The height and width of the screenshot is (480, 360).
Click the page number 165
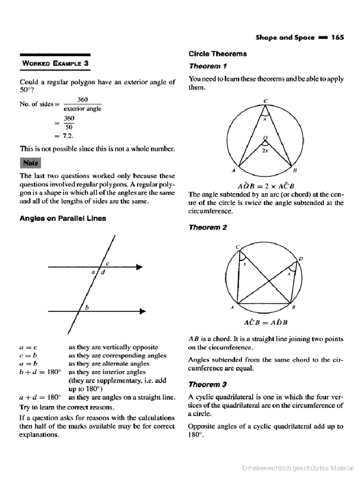coord(337,37)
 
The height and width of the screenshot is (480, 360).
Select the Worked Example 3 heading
coord(55,63)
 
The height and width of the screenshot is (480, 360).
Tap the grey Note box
coord(30,163)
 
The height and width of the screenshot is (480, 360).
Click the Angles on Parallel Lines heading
coord(62,218)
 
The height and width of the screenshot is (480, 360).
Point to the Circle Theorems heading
coord(217,54)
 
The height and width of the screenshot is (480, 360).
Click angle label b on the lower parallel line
coord(86,307)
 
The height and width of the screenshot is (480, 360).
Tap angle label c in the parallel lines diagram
coord(107,263)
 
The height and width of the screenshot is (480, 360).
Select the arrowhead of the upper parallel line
coord(139,267)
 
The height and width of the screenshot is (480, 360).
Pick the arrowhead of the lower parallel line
coord(142,311)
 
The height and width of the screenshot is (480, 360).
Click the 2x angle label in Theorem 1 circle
coord(266,151)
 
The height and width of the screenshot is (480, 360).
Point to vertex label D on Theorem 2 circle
coord(300,258)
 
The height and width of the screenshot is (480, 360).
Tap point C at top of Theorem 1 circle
coord(265,100)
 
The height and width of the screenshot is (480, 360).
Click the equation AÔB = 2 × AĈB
coord(266,185)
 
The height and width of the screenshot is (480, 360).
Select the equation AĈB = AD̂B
coord(266,322)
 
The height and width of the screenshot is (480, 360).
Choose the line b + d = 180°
coord(40,372)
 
